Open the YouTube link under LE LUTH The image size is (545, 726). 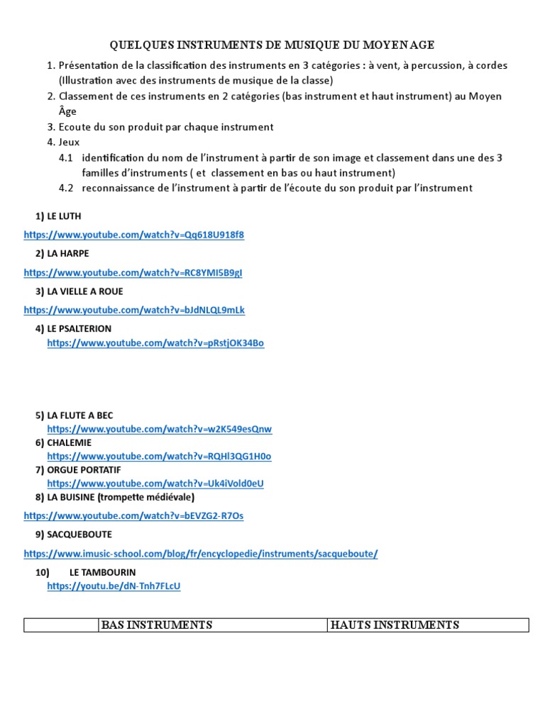click(133, 235)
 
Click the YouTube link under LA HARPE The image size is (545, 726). click(133, 272)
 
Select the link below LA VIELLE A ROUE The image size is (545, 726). click(134, 310)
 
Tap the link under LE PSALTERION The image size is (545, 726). click(155, 343)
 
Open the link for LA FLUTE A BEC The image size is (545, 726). click(160, 429)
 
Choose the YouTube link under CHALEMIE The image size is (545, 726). click(159, 456)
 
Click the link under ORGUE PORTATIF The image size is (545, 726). click(155, 483)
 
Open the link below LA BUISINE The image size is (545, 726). click(133, 515)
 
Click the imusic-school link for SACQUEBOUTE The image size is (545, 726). click(201, 553)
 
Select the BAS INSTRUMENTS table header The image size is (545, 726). click(157, 625)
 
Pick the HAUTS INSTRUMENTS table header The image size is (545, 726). click(395, 625)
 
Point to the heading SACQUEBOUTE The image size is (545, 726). click(79, 535)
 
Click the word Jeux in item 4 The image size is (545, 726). click(70, 142)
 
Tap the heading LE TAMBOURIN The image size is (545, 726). click(102, 572)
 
